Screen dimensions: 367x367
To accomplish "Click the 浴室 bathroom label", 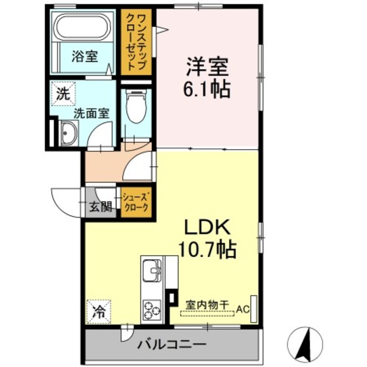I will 84,56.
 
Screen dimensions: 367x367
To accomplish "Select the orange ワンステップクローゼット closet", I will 136,42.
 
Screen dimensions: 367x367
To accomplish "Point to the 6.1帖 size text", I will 207,89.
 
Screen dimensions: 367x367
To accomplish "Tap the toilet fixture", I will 136,108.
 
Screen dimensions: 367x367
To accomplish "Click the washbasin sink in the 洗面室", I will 68,135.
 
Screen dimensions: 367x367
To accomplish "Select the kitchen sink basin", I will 152,270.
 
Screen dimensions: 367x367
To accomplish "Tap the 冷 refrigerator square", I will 99,313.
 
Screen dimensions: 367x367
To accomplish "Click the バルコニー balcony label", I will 172,345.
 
